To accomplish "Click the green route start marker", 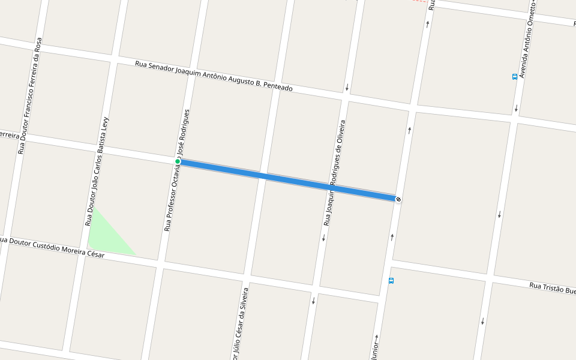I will click(178, 161).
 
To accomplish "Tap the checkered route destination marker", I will click(398, 199).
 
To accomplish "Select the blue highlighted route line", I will click(288, 180).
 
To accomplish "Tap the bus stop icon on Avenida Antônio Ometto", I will click(515, 77).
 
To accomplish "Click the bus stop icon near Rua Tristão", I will click(391, 280).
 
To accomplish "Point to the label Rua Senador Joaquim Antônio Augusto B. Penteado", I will click(214, 76).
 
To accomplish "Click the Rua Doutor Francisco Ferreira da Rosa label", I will click(30, 96).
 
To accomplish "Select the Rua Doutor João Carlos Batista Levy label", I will click(98, 170).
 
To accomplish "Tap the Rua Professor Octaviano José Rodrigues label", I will click(177, 170).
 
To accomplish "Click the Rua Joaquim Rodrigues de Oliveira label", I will click(335, 173).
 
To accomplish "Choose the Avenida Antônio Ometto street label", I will click(527, 39).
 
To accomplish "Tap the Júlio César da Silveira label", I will click(239, 324).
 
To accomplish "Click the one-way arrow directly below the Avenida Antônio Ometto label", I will click(516, 109).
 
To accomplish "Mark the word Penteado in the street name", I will click(277, 86).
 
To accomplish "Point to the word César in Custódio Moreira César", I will click(95, 254).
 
